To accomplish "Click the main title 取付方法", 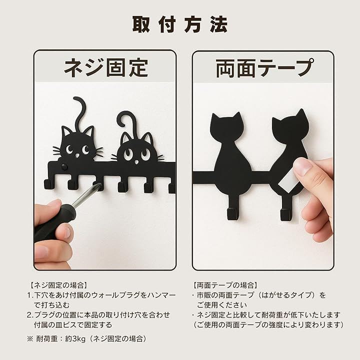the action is pyautogui.click(x=180, y=24).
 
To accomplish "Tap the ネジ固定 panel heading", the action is pyautogui.click(x=106, y=67).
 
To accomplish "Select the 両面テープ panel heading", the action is pyautogui.click(x=264, y=67).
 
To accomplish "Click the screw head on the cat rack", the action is pyautogui.click(x=64, y=166).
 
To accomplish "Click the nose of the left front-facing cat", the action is pyautogui.click(x=77, y=155).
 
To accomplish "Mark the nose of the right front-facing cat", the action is pyautogui.click(x=136, y=162).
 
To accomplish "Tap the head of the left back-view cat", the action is pyautogui.click(x=227, y=127).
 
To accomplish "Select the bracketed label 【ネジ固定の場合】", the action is pyautogui.click(x=58, y=285).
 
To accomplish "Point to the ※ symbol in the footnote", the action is pyautogui.click(x=30, y=339).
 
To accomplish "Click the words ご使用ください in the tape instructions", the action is pyautogui.click(x=222, y=305).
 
